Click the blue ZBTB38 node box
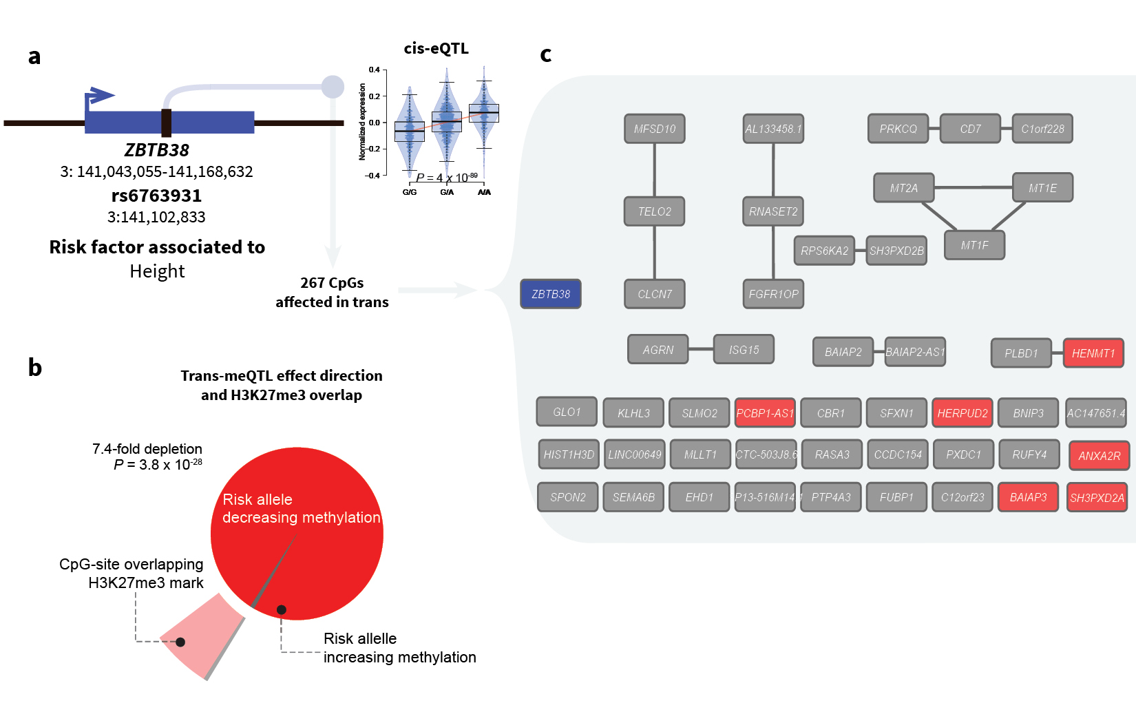(x=551, y=294)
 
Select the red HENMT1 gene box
(x=1093, y=353)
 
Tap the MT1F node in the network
(x=974, y=245)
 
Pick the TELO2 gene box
(x=654, y=211)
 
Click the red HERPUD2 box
(x=963, y=413)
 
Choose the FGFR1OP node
(x=773, y=294)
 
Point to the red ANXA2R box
(x=1099, y=456)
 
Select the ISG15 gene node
(x=744, y=350)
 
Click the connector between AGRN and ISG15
(x=701, y=349)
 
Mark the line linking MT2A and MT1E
(x=973, y=187)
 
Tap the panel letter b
(x=35, y=367)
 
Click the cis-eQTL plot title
(x=436, y=48)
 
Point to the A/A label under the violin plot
(x=484, y=192)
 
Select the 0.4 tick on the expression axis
(x=374, y=70)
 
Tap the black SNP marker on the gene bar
(x=166, y=123)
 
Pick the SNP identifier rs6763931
(x=156, y=196)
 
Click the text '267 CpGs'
(x=332, y=283)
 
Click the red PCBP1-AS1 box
(x=765, y=413)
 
